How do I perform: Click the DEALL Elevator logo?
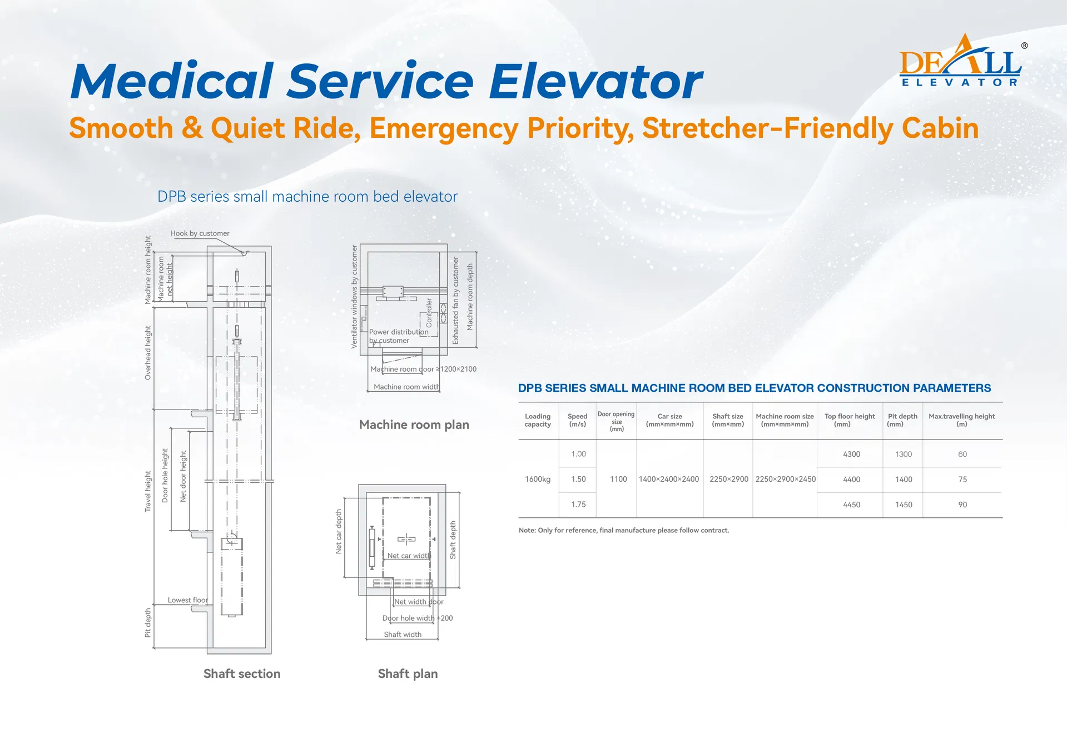click(x=960, y=62)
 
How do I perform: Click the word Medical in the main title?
click(x=172, y=81)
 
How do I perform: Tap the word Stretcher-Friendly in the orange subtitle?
click(x=767, y=128)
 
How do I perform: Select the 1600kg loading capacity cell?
click(x=538, y=479)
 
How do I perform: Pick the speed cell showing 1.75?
click(x=578, y=505)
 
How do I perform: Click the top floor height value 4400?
click(x=851, y=479)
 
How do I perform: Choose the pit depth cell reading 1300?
click(x=904, y=454)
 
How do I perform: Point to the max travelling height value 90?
click(x=962, y=505)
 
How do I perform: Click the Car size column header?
click(x=669, y=420)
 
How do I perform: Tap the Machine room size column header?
click(x=785, y=420)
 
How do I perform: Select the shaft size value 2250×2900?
click(x=728, y=479)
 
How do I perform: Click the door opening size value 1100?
click(x=618, y=479)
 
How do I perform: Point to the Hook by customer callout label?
click(x=200, y=233)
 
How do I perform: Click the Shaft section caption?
click(x=242, y=673)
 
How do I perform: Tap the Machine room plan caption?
click(x=414, y=425)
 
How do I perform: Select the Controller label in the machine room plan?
click(x=429, y=312)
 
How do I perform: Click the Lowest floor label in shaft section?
click(x=187, y=600)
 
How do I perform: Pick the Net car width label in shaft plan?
click(x=409, y=556)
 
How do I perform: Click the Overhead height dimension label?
click(x=148, y=353)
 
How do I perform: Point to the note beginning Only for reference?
click(x=623, y=530)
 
